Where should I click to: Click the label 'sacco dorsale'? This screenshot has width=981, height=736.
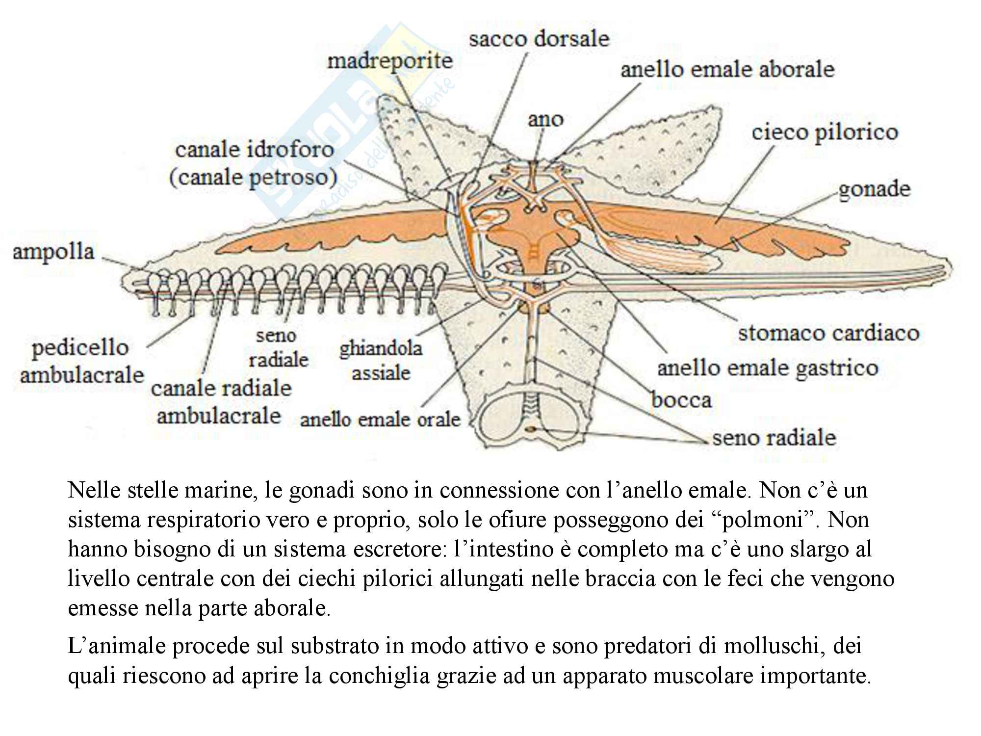(539, 39)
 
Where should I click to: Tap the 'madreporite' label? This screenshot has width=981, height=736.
(390, 62)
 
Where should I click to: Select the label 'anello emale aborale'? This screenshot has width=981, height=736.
(727, 69)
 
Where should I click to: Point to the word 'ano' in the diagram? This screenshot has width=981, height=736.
(545, 119)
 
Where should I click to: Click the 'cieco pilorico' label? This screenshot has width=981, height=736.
(825, 132)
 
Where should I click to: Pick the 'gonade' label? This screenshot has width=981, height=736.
(874, 189)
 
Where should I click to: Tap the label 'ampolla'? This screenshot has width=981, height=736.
(53, 252)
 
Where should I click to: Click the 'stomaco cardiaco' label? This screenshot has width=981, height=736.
(828, 333)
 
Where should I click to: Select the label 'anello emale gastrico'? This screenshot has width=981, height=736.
(767, 368)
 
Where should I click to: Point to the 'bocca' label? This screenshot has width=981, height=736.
(681, 400)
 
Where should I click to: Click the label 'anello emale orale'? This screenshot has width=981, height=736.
(380, 420)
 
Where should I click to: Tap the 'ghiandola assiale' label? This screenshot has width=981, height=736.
(381, 361)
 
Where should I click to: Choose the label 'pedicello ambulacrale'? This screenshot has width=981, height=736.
(81, 361)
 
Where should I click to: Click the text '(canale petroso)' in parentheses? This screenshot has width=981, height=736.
(253, 178)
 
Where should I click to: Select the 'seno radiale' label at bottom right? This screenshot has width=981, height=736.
(774, 438)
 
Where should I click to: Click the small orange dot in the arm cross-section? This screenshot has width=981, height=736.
(530, 430)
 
